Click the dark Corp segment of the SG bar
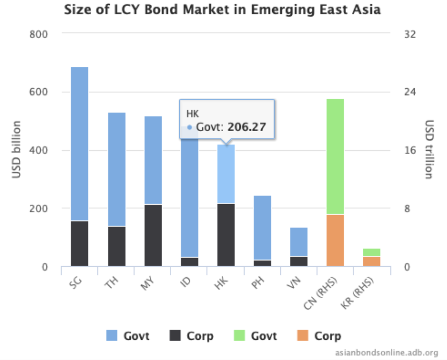(80, 243)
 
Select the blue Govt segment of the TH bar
(117, 169)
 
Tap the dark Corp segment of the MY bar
(153, 235)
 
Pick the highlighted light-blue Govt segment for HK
(226, 174)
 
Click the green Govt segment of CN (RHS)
(335, 156)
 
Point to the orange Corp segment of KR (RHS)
(371, 261)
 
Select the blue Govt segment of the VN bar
(298, 241)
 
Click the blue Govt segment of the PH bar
(262, 227)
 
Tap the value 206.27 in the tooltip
(247, 127)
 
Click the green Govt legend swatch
(239, 335)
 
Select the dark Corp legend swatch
(175, 335)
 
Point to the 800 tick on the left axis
(39, 34)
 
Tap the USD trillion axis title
(429, 149)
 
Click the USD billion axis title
(16, 149)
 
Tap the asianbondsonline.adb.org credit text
(390, 352)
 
